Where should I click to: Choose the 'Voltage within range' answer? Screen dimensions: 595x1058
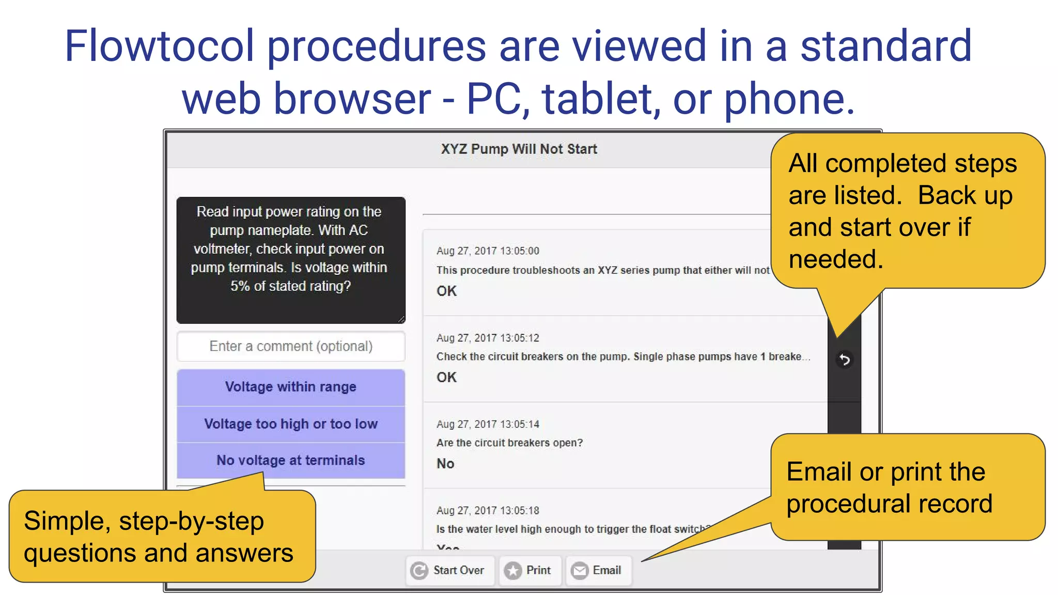click(x=291, y=387)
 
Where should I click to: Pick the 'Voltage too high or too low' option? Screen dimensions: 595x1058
click(x=291, y=424)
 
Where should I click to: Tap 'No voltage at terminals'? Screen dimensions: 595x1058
click(x=291, y=460)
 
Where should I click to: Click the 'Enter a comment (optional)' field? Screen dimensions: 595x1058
click(x=291, y=346)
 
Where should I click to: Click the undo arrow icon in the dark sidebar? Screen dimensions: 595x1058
click(x=844, y=359)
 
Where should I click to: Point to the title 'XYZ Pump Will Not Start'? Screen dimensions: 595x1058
click(x=519, y=149)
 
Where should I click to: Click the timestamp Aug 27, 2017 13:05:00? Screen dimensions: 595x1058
click(x=488, y=251)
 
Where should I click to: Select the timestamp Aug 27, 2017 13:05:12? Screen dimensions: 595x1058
click(x=488, y=338)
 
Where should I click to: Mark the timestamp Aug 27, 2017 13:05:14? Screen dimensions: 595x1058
click(x=488, y=424)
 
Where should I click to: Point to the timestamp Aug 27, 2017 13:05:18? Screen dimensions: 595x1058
click(x=488, y=510)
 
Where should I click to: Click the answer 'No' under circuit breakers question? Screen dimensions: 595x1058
click(x=445, y=463)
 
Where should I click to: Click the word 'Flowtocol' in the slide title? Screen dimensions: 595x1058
click(x=160, y=46)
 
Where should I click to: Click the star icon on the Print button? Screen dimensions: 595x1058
click(x=513, y=571)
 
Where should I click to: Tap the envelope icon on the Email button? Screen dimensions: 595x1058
click(x=580, y=571)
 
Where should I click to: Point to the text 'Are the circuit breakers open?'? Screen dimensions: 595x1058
click(x=509, y=443)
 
